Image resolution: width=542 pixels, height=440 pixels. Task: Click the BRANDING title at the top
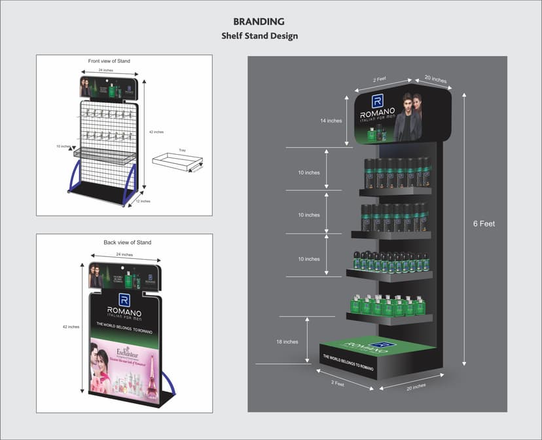point(259,22)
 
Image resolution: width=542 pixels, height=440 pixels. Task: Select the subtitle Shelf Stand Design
point(259,36)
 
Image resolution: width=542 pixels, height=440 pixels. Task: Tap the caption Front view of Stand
point(109,61)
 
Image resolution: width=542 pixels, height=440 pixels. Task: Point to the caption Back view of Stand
point(128,243)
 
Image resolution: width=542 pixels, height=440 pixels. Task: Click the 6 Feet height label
point(484,224)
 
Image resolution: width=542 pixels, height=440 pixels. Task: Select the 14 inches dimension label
point(331,121)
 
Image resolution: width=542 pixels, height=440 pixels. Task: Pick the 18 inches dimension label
point(287,342)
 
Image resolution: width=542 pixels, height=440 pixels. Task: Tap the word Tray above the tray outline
point(182,151)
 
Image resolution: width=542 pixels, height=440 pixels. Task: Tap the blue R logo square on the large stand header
point(377,101)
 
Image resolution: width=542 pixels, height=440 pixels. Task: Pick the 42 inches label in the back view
point(71,326)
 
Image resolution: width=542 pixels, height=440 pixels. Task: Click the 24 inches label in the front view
point(105,70)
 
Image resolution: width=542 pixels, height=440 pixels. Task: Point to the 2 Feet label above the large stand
point(380,79)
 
